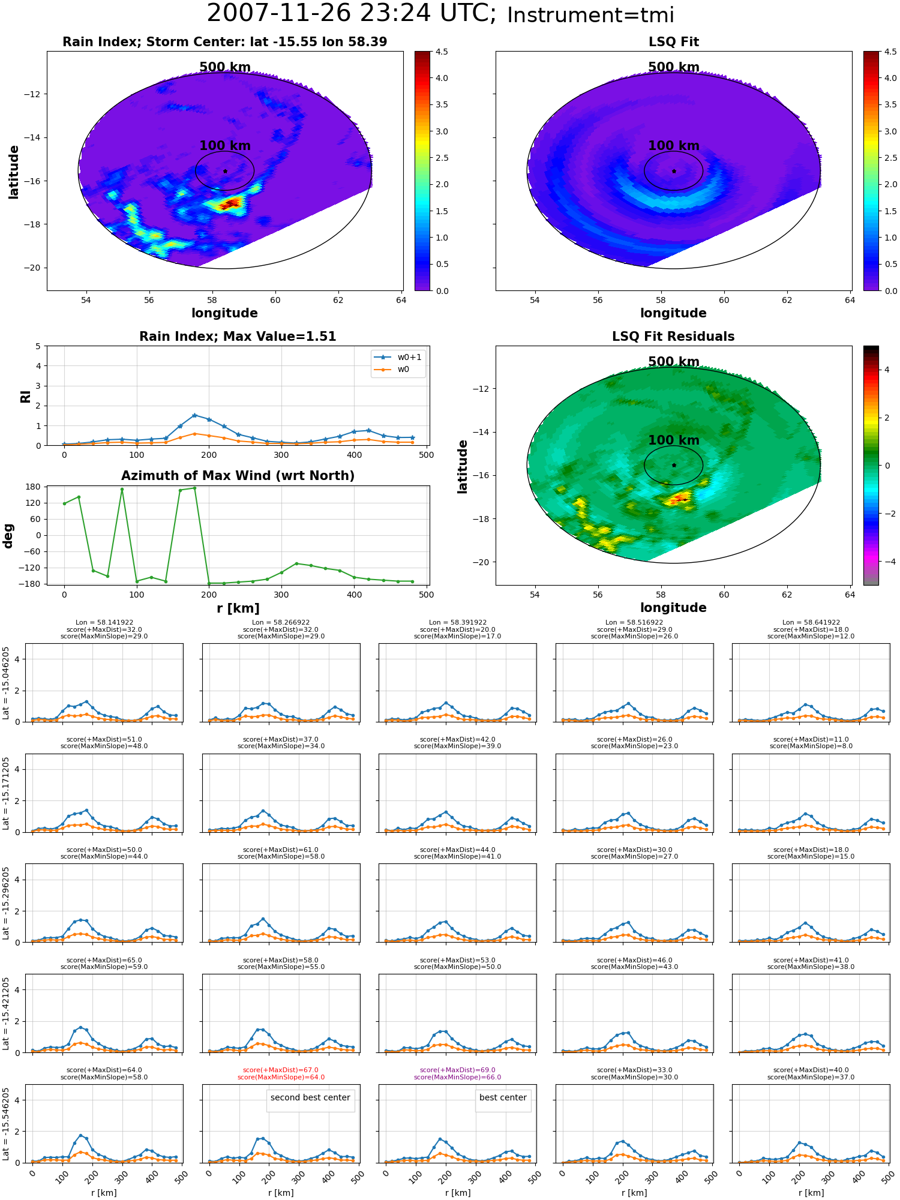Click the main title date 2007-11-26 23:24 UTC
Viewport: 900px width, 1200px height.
tap(351, 14)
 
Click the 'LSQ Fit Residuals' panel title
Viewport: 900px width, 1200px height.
tap(673, 337)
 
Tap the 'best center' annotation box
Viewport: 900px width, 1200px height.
tap(503, 1097)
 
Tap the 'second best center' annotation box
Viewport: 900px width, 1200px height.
tap(310, 1097)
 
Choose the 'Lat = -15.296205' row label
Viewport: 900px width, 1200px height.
tap(6, 903)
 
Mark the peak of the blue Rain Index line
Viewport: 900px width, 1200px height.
tap(194, 415)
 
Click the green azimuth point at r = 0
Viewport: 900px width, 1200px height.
tap(64, 503)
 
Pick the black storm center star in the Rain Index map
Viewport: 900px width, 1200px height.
tap(225, 171)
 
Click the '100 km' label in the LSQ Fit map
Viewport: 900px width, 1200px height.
tap(674, 146)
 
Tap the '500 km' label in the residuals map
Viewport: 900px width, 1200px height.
tap(674, 362)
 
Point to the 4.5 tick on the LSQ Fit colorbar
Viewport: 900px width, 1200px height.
tap(890, 52)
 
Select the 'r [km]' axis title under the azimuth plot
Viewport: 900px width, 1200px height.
tap(238, 608)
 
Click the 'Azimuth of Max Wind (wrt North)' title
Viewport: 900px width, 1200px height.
tap(238, 476)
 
